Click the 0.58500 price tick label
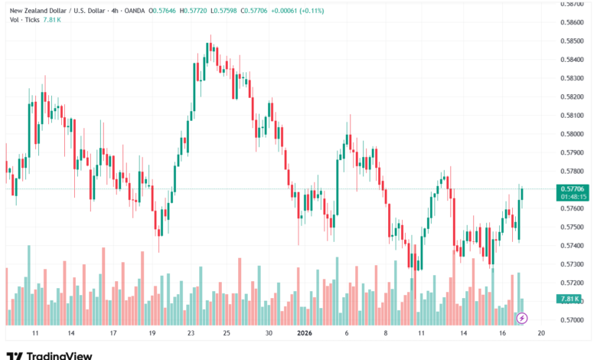(x=573, y=41)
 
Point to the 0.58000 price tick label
(x=573, y=134)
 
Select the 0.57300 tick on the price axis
(x=573, y=264)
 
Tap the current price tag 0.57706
(x=573, y=188)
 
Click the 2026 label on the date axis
(x=305, y=333)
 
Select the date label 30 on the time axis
(x=268, y=333)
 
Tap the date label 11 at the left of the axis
(x=35, y=333)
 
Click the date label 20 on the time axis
(x=540, y=333)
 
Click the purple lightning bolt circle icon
(x=522, y=317)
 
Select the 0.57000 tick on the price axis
(x=573, y=319)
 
